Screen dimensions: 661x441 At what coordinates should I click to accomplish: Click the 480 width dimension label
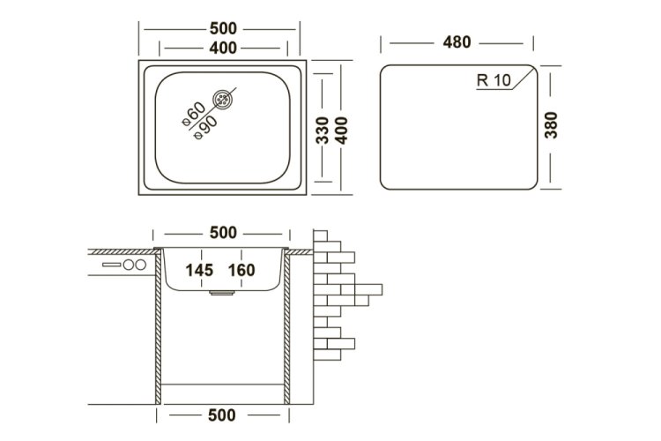457,42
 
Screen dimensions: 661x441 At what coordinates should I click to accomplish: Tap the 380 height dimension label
551,125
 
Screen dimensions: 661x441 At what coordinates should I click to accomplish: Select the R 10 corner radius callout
494,79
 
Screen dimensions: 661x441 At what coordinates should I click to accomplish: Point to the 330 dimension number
322,131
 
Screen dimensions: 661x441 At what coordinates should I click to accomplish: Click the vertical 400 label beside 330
341,131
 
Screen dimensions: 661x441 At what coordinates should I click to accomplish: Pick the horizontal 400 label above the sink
223,49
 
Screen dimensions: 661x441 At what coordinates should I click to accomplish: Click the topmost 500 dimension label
223,29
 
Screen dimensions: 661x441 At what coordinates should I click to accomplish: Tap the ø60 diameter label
194,114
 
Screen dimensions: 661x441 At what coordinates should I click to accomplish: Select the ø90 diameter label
205,127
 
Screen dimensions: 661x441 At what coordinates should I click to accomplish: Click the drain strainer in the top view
222,100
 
